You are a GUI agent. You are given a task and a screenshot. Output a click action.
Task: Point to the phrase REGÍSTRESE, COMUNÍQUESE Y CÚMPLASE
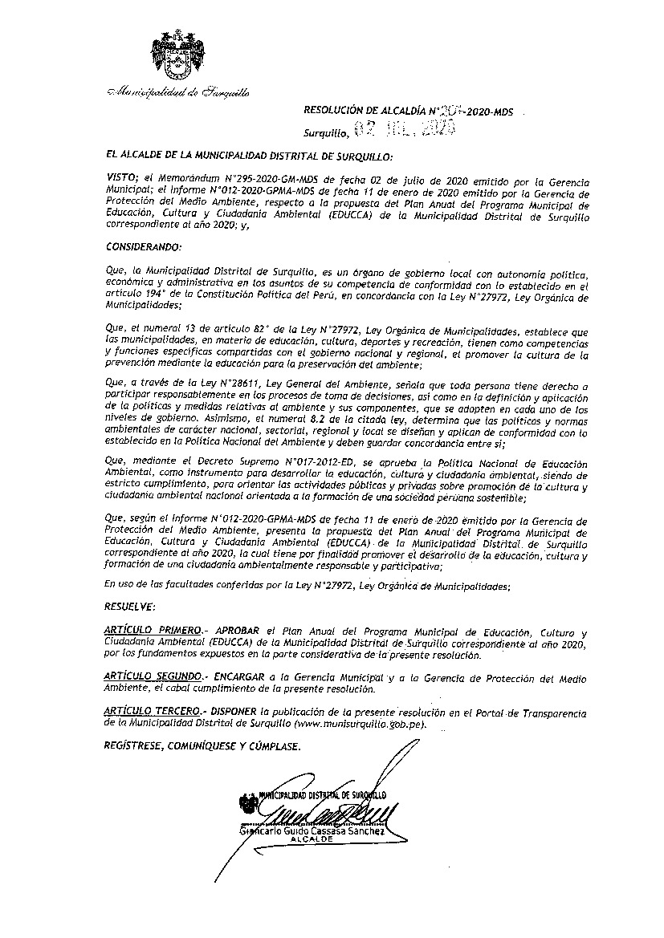[203, 746]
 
